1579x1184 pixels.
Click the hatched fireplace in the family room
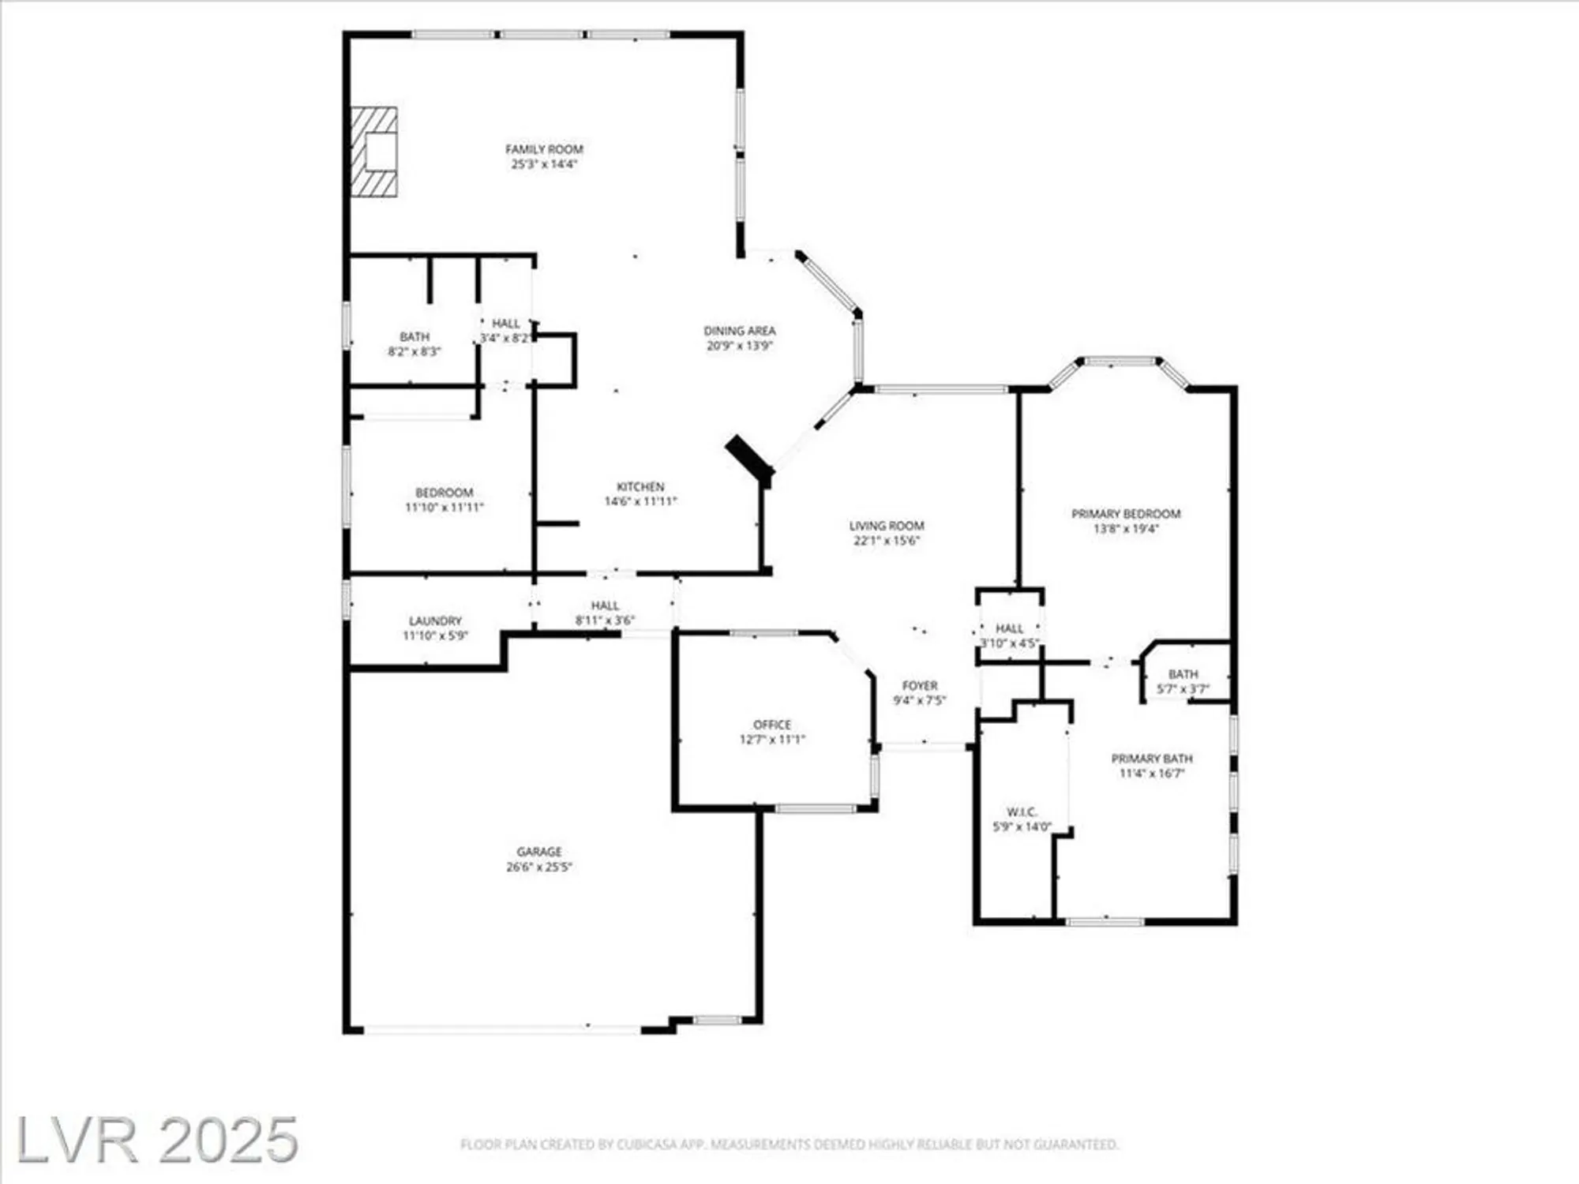pos(374,152)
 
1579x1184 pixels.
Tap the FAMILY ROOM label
pos(544,149)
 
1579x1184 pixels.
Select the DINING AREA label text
pos(740,331)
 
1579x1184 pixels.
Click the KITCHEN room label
pos(640,487)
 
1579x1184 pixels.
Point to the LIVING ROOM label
pos(887,526)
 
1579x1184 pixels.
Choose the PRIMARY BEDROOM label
pos(1126,514)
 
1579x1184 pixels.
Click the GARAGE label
pos(539,852)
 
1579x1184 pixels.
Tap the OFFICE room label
pos(772,725)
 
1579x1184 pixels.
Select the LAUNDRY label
pos(435,621)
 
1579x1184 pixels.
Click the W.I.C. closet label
pos(1022,812)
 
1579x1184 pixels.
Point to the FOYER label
pos(920,686)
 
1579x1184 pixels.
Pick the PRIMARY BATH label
pos(1152,759)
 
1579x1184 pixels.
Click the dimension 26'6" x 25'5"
pos(539,867)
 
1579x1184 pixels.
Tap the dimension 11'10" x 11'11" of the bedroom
pos(444,508)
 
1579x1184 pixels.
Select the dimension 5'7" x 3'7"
pos(1183,689)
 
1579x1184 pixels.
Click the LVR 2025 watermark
pos(156,1140)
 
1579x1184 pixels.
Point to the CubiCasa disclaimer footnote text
pos(789,1144)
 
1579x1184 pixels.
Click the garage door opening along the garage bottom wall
pos(501,1029)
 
